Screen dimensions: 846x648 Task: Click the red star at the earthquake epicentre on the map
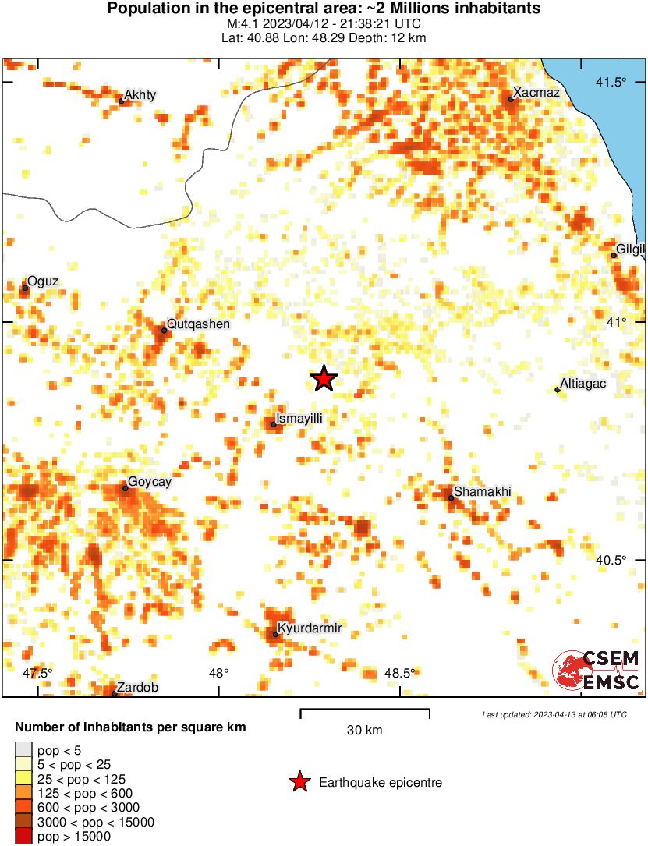pyautogui.click(x=324, y=379)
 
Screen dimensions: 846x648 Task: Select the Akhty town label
pyautogui.click(x=140, y=95)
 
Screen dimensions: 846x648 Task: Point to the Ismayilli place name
pyautogui.click(x=299, y=419)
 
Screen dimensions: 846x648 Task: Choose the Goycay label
pyautogui.click(x=149, y=482)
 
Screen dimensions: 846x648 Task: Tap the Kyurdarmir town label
pyautogui.click(x=310, y=628)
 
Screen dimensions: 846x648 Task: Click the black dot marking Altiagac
pyautogui.click(x=558, y=389)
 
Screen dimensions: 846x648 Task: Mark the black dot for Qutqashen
pyautogui.click(x=164, y=331)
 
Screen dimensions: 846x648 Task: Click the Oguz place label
pyautogui.click(x=43, y=281)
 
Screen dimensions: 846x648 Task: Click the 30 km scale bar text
pyautogui.click(x=365, y=731)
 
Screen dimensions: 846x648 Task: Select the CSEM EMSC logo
pyautogui.click(x=596, y=671)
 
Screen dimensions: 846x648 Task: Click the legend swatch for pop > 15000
pyautogui.click(x=23, y=836)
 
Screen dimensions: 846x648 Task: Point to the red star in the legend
pyautogui.click(x=299, y=782)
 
